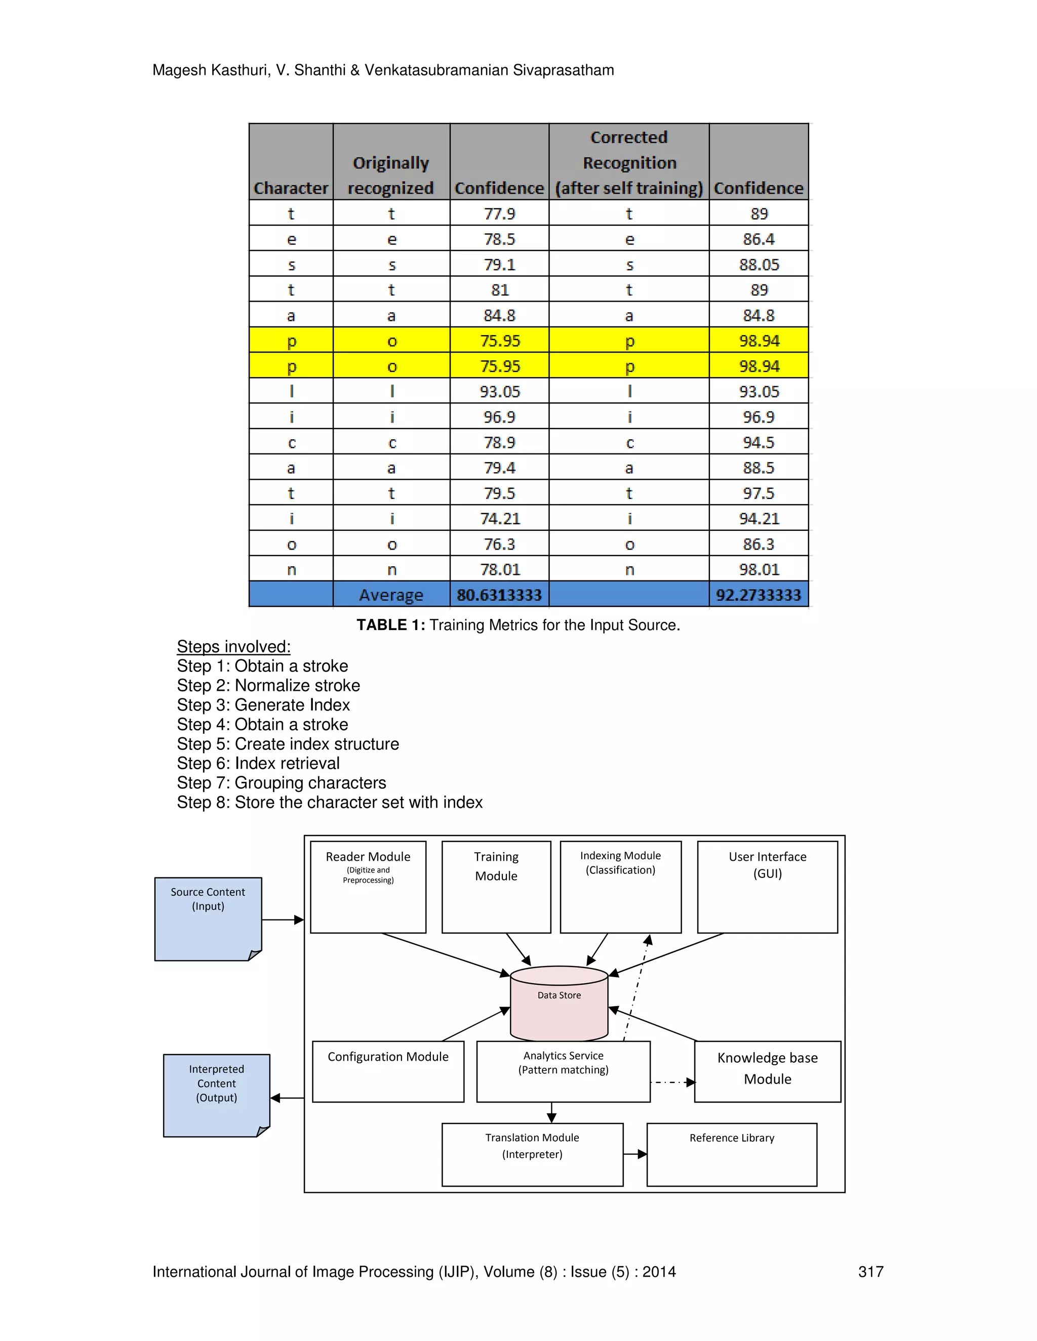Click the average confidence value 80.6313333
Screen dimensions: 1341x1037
(x=499, y=595)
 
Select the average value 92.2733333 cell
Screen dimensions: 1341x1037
(x=758, y=595)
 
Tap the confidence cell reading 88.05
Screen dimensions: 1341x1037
(x=759, y=264)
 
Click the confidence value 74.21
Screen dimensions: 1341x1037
(x=499, y=518)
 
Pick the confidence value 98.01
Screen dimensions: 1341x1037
(x=759, y=569)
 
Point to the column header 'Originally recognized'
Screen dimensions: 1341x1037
(x=391, y=175)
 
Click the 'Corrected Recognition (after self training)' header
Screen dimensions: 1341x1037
(x=628, y=163)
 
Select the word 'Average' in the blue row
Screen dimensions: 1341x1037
(x=391, y=595)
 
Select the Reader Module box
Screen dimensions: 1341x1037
(x=368, y=887)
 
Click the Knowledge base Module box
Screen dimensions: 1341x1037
(x=767, y=1071)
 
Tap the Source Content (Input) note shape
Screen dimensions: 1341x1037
(x=208, y=918)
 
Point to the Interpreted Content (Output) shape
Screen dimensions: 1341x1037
(x=216, y=1095)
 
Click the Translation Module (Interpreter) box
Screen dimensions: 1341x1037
(x=532, y=1154)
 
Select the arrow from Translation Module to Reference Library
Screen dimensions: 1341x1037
(x=634, y=1154)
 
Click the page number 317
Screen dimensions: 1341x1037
(x=870, y=1271)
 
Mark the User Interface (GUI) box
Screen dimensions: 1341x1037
(x=767, y=887)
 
